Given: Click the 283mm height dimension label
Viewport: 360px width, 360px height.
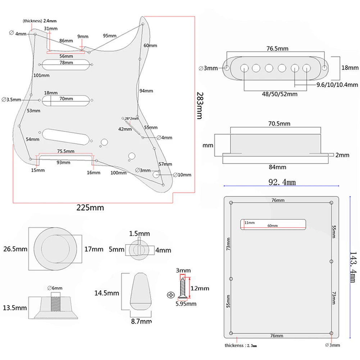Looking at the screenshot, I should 200,105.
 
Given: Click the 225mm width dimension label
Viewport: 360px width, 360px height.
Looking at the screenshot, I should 90,208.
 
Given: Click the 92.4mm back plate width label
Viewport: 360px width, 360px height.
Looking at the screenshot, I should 282,182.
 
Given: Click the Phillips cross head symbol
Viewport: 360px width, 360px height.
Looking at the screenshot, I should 170,295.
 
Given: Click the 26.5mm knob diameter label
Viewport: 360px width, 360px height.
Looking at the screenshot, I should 15,249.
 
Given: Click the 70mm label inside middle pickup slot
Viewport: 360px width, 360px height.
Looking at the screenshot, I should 67,99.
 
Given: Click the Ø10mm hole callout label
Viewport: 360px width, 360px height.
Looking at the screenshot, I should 182,175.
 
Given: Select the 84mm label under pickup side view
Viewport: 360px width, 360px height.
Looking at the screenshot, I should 278,167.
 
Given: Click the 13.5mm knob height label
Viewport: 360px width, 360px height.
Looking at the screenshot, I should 15,308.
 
